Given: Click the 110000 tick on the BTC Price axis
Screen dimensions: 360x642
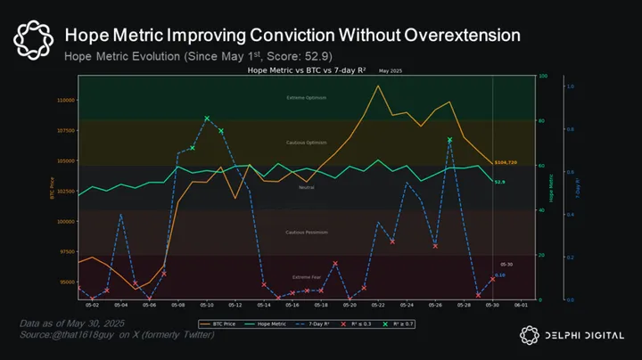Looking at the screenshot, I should point(64,100).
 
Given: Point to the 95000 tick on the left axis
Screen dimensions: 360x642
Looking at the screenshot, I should point(66,282).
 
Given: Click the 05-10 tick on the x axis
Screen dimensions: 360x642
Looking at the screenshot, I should point(205,305).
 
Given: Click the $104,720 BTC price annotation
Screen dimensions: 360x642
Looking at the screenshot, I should point(506,163).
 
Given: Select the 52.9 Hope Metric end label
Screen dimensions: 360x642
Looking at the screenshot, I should point(500,182).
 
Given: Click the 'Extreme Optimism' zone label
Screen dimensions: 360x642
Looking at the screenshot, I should point(306,97).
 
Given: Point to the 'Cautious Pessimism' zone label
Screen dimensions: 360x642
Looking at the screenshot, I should point(306,232).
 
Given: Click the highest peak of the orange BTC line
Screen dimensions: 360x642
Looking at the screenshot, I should point(378,86).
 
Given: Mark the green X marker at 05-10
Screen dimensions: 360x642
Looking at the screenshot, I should point(206,118).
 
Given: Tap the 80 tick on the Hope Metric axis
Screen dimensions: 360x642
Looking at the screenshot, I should point(541,120).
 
